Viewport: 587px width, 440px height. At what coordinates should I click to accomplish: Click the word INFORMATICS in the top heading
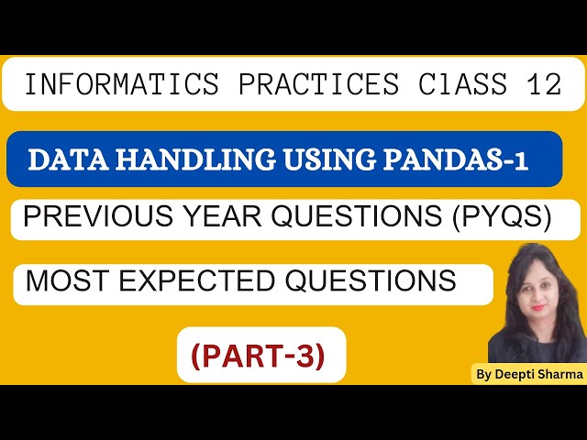click(121, 85)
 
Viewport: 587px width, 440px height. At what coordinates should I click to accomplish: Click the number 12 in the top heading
click(542, 85)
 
